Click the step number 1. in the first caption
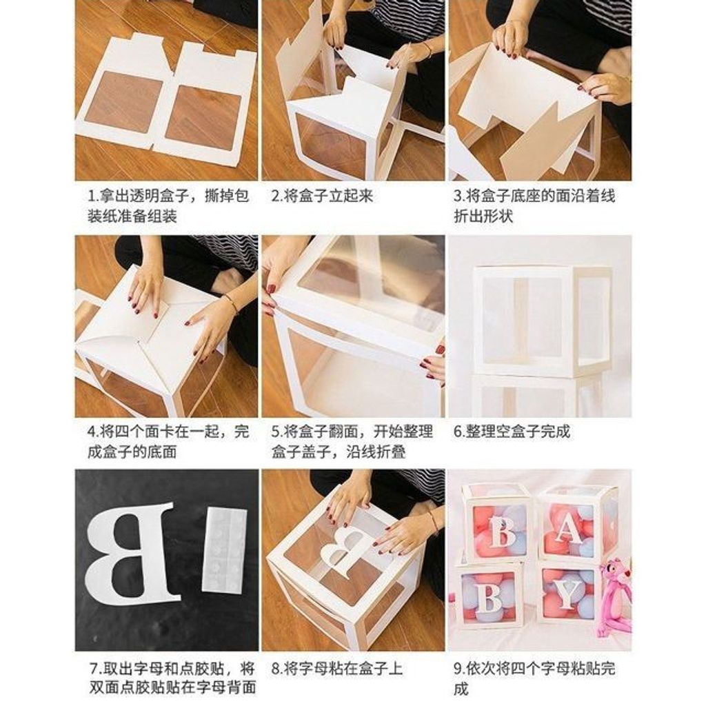[x=92, y=196]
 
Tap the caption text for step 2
[x=322, y=196]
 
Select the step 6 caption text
[x=512, y=432]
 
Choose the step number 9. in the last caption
[x=458, y=668]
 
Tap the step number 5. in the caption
[x=276, y=432]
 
